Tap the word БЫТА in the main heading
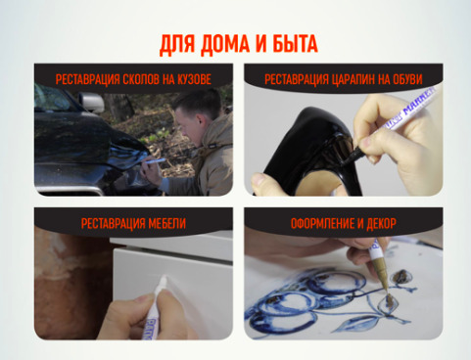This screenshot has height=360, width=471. (x=296, y=44)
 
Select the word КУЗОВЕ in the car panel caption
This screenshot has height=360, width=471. (x=195, y=79)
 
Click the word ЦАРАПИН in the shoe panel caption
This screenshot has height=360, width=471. (x=353, y=79)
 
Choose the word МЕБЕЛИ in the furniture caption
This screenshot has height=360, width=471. (x=167, y=224)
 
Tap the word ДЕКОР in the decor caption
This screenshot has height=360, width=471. (x=381, y=224)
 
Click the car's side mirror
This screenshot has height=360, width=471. (x=92, y=102)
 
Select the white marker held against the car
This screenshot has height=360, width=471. (x=155, y=160)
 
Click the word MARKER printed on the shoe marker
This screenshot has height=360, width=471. (x=420, y=101)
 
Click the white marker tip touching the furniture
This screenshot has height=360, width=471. (x=163, y=280)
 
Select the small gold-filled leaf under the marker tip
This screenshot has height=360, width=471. (x=389, y=304)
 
